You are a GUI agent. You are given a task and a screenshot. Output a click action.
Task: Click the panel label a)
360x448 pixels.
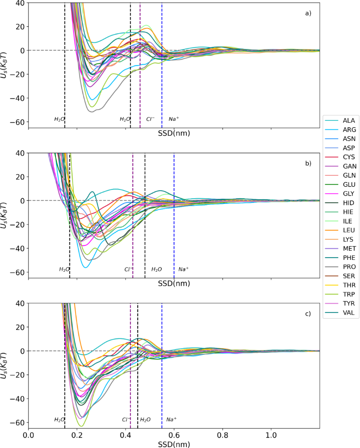pos(308,13)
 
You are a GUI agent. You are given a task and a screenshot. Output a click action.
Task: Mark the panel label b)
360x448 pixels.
pos(308,163)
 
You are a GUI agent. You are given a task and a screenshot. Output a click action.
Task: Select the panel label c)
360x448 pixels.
pos(308,313)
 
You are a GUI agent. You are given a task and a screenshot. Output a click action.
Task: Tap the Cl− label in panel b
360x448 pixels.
pos(129,269)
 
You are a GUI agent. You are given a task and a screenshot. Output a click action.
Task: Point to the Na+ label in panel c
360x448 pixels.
pos(171,420)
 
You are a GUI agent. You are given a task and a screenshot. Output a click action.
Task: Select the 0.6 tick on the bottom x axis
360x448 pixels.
pos(174,435)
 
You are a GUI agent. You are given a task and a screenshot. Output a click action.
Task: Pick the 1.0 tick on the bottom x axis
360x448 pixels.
pos(271,435)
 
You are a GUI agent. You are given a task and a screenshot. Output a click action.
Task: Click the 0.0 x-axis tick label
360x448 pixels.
pos(28,435)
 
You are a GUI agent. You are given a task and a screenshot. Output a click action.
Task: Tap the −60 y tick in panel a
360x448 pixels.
pos(18,122)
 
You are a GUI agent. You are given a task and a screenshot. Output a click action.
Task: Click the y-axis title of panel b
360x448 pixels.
pos(5,215)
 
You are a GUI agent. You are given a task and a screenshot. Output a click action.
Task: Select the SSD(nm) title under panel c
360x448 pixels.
pos(174,443)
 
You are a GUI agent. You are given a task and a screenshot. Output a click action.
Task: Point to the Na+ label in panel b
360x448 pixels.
pos(183,269)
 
